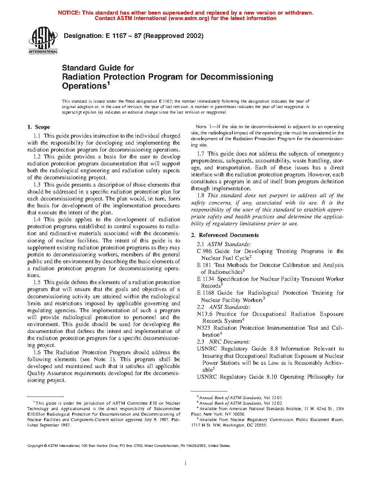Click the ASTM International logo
[43, 40]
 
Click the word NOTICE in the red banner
[69, 13]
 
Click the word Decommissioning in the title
[237, 77]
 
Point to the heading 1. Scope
[39, 127]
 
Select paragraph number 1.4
[37, 219]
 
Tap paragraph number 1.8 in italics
[201, 195]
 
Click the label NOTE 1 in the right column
[204, 127]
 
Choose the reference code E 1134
[206, 279]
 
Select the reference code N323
[204, 328]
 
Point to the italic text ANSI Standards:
[230, 307]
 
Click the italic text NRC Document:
[229, 342]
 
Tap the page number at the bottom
[186, 463]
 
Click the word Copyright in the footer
[35, 445]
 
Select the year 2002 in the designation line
[194, 36]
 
